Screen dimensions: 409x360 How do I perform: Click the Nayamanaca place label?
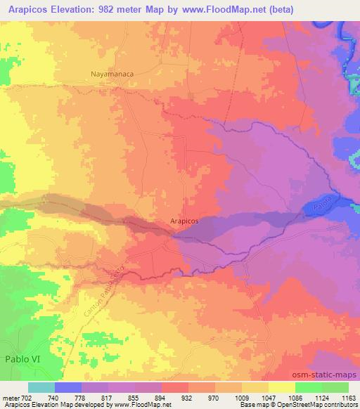pos(112,72)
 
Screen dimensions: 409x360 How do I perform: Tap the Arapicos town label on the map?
pos(185,220)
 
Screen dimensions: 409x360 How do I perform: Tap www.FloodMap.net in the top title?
pos(214,8)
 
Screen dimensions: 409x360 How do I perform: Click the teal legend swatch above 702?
pos(41,387)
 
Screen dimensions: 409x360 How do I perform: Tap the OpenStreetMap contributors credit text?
pos(323,405)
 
